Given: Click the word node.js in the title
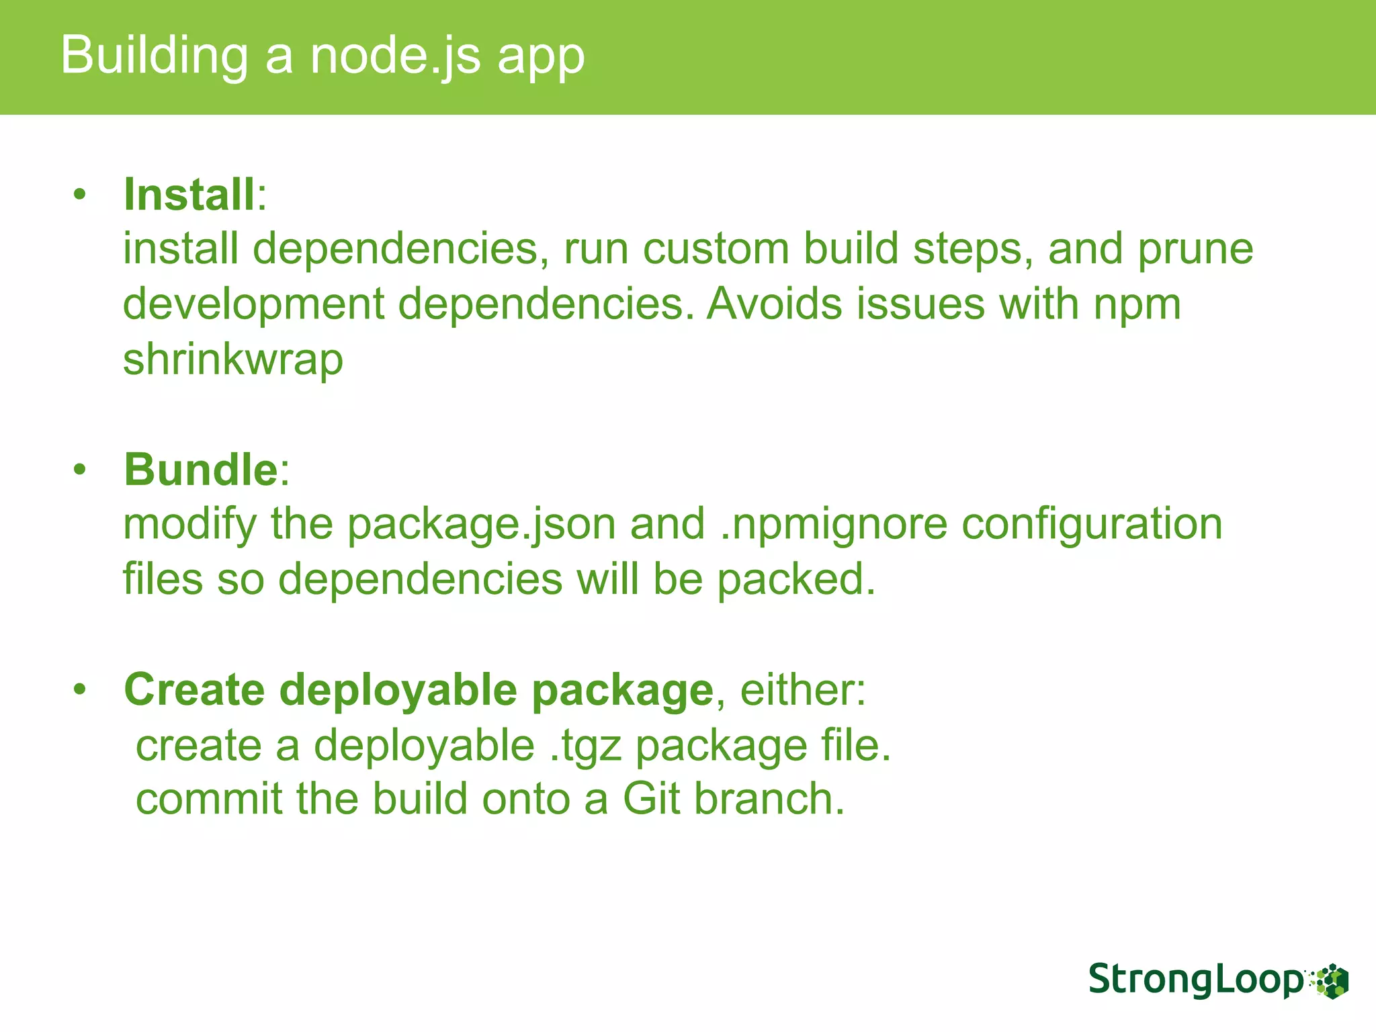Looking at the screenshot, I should tap(395, 56).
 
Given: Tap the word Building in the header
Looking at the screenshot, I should tap(155, 56).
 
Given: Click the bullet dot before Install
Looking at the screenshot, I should tap(81, 196).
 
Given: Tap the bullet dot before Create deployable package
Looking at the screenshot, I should tap(81, 690).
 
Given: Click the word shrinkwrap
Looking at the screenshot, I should tap(233, 359).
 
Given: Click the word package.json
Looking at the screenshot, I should tap(481, 524).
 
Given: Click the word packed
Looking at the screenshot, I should tap(797, 579).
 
